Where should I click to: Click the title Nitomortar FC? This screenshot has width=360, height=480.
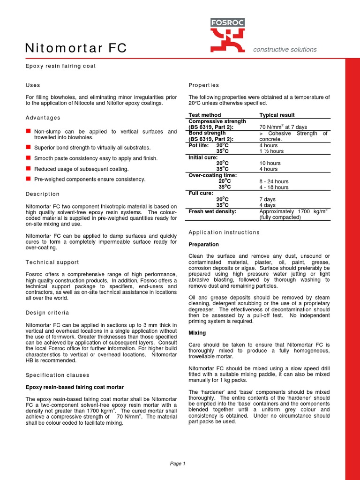75,48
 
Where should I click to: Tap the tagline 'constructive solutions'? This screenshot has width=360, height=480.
285,49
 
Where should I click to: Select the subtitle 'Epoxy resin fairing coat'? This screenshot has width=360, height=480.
60,66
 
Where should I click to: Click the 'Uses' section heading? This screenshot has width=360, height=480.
33,85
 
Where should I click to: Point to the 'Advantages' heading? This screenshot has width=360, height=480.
43,118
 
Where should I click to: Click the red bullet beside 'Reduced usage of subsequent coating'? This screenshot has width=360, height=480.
28,168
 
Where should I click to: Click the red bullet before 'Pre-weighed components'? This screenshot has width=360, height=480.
28,179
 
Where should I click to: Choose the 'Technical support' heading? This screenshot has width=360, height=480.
52,262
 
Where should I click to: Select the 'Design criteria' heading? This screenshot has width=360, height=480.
47,313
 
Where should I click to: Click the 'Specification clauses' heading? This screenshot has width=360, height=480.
57,375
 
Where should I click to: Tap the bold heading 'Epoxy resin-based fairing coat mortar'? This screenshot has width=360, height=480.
75,387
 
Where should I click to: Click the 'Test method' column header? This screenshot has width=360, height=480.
204,115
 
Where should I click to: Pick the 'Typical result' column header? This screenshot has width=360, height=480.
277,115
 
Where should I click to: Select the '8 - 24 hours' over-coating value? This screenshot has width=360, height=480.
274,181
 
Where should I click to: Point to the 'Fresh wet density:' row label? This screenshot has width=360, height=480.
212,211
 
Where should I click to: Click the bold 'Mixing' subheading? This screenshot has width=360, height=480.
197,332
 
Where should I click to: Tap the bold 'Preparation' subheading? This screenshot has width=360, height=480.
203,244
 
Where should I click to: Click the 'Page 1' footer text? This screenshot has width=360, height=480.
178,464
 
